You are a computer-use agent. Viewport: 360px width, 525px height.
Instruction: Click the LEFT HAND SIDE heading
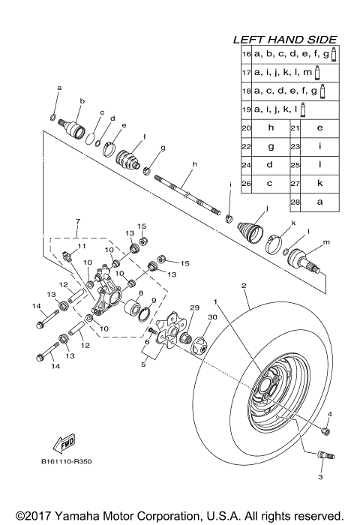pyautogui.click(x=284, y=39)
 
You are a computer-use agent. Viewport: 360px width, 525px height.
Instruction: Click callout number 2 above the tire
pyautogui.click(x=243, y=286)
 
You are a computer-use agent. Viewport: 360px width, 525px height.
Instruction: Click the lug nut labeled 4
pyautogui.click(x=325, y=430)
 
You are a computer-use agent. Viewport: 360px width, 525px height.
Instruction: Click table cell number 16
pyautogui.click(x=246, y=54)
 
